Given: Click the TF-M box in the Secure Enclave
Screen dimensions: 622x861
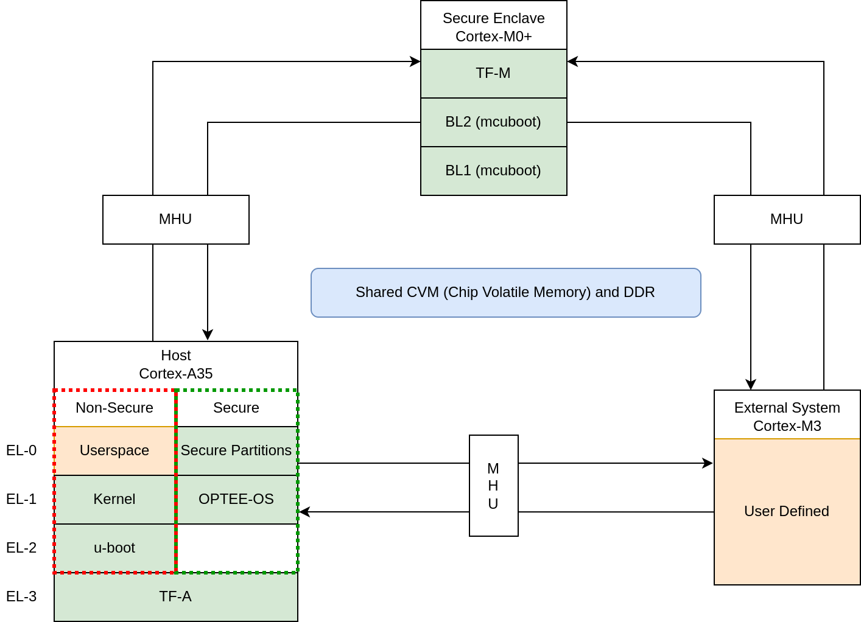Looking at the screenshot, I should [x=493, y=74].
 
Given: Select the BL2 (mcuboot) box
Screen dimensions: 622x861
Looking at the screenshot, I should [x=493, y=122].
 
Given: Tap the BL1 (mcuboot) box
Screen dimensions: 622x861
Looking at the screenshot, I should [x=493, y=171].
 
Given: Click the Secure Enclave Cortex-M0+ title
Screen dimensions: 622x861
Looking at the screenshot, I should [x=493, y=27].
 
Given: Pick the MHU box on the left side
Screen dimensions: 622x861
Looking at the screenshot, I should [x=175, y=220].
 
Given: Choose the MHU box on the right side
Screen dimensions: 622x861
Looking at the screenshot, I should [x=787, y=220].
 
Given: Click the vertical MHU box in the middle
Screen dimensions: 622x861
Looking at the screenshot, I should [x=493, y=486].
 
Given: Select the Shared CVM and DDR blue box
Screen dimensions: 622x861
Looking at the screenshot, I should [x=505, y=293].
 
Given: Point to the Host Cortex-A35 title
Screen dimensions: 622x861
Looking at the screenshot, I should [x=175, y=365].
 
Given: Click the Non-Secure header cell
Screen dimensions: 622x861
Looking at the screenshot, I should [x=114, y=408].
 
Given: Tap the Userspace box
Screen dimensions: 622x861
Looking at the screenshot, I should [x=114, y=451].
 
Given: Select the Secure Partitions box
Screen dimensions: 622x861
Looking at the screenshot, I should [x=236, y=451].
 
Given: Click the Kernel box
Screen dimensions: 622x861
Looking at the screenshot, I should [x=114, y=500].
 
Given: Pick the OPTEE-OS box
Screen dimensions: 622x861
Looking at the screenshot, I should [x=236, y=500].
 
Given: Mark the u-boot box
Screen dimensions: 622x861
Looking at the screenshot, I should [x=114, y=548].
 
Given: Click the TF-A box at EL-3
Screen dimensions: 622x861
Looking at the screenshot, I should [x=175, y=597].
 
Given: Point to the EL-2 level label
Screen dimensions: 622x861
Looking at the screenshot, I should [x=21, y=548].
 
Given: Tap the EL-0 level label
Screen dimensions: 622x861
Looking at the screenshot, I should [x=21, y=450].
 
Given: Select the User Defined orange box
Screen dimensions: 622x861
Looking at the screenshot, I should [x=787, y=512].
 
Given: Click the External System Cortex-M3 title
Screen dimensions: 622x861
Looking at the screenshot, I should [x=787, y=416].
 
